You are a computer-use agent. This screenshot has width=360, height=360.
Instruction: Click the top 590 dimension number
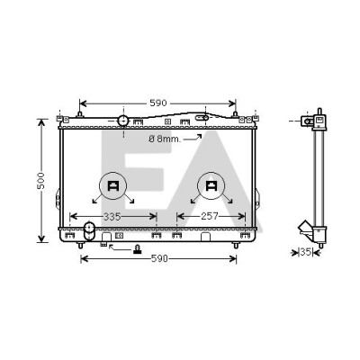(x=158, y=103)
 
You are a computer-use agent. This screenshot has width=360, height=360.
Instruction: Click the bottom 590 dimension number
(x=159, y=258)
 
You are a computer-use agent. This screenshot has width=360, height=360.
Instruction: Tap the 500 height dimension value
(x=40, y=181)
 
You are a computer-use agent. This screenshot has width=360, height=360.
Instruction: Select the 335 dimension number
(x=112, y=216)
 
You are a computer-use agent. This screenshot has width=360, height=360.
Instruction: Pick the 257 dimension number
(x=210, y=216)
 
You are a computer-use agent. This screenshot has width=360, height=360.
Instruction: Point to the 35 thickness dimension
(x=306, y=252)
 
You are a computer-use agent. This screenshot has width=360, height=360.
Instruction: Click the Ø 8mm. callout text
(x=165, y=139)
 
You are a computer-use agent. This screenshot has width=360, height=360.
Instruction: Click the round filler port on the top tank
(x=123, y=121)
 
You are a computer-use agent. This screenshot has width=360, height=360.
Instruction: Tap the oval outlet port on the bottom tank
(x=89, y=231)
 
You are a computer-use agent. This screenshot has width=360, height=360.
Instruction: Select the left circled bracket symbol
(x=113, y=186)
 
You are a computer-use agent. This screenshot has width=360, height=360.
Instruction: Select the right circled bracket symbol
(x=211, y=186)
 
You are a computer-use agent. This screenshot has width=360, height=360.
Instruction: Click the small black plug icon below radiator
(x=138, y=249)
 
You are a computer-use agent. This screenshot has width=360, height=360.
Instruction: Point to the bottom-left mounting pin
(x=80, y=245)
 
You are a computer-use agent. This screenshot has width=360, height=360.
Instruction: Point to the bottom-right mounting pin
(x=236, y=245)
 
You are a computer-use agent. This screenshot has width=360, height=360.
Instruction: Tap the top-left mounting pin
(x=80, y=114)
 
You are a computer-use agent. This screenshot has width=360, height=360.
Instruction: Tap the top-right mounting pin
(x=236, y=114)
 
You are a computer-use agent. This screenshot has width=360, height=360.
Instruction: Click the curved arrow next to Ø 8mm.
(x=193, y=138)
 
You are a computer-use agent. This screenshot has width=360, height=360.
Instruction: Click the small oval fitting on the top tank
(x=202, y=118)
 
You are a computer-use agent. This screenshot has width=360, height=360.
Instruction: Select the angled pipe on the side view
(x=305, y=229)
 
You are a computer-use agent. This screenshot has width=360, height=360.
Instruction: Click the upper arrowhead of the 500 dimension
(x=41, y=122)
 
